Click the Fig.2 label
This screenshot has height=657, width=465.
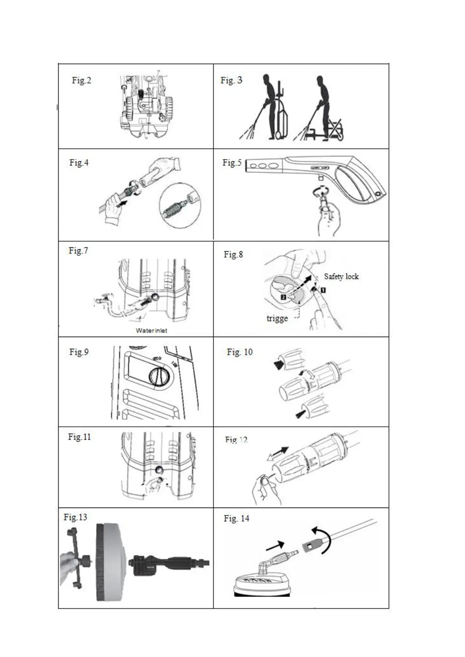(x=81, y=80)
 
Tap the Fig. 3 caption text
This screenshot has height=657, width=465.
(x=231, y=80)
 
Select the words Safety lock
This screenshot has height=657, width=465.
(x=341, y=277)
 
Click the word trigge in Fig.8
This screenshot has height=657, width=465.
(x=277, y=318)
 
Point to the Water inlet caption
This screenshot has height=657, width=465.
(x=151, y=330)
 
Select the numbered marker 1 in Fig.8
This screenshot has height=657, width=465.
(x=323, y=290)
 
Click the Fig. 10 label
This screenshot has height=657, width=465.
(x=240, y=352)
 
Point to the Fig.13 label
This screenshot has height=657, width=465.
(x=75, y=517)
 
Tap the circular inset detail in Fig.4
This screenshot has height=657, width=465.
(x=180, y=206)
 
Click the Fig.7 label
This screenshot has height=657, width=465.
(x=78, y=251)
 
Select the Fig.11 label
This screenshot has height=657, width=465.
(x=79, y=437)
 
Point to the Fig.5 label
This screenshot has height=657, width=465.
(x=232, y=163)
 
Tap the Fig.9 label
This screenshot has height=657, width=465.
(x=79, y=352)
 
